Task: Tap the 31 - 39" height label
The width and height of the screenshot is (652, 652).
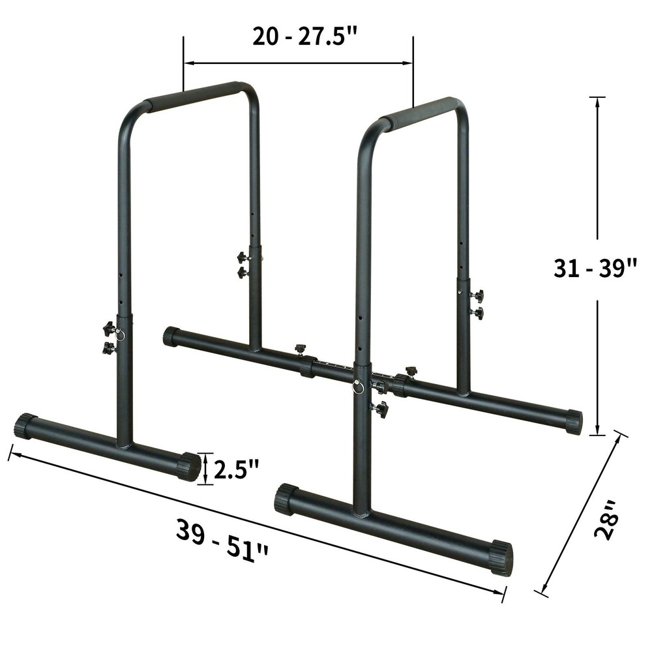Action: coord(595,268)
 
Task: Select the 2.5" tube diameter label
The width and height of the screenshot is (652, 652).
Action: coord(236,469)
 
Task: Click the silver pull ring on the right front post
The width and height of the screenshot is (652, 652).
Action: coord(359,387)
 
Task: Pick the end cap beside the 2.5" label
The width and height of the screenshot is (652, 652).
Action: coord(190,466)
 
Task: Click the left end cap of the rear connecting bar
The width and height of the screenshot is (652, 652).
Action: coord(171,336)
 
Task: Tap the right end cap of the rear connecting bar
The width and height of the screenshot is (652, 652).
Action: coord(573,422)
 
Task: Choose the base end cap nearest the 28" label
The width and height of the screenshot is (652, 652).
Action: coord(501,557)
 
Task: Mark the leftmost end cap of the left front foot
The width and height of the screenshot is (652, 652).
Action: coord(25,426)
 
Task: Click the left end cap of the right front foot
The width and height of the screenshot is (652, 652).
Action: coord(286,499)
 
